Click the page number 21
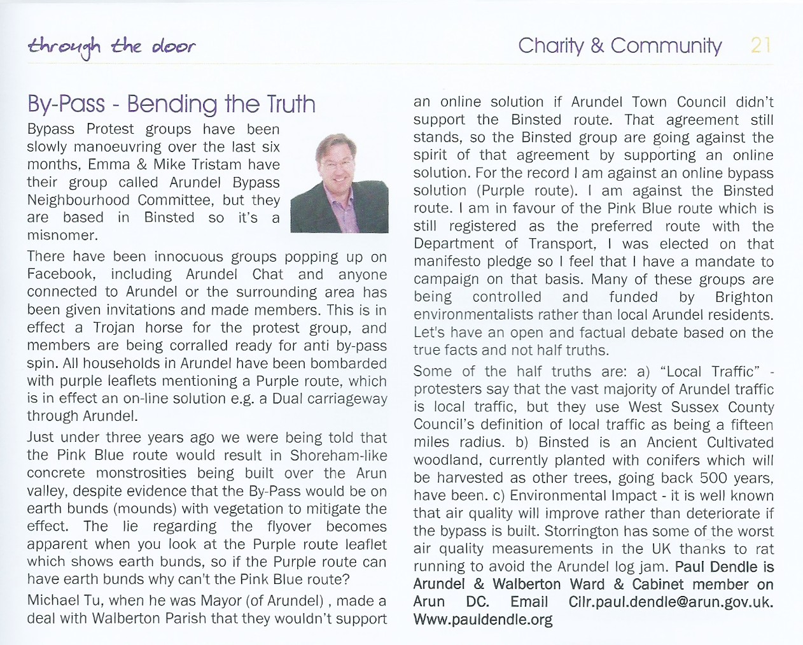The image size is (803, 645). click(x=761, y=45)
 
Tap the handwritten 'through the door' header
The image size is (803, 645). click(x=111, y=46)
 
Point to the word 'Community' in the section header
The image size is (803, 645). click(x=666, y=46)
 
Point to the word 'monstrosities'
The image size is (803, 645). click(x=146, y=473)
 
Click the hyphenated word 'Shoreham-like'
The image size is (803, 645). click(x=338, y=455)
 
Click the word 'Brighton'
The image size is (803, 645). click(x=744, y=297)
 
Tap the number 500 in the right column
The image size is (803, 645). click(x=713, y=478)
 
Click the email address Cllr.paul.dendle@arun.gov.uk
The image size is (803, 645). click(x=671, y=602)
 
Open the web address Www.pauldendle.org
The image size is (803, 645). click(x=482, y=620)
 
